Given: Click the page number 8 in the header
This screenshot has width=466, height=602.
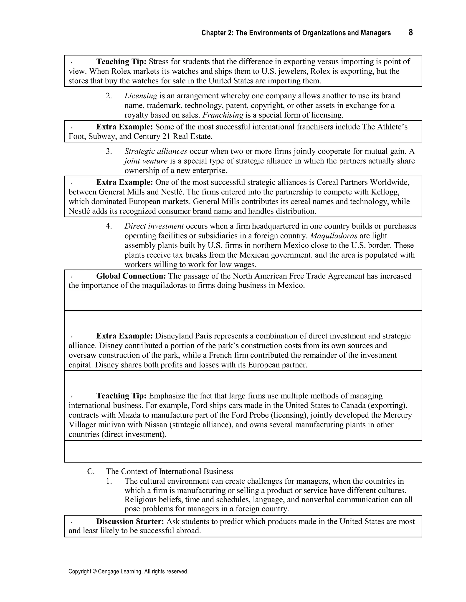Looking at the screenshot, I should click(x=410, y=32).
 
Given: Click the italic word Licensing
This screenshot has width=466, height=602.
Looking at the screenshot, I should click(x=141, y=96).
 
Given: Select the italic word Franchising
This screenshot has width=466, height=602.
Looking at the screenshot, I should click(x=223, y=115).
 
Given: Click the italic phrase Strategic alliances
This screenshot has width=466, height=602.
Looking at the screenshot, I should click(x=156, y=151).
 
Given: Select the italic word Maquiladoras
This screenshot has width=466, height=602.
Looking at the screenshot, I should click(x=334, y=236).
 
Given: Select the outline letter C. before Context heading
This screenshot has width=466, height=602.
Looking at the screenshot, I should click(x=91, y=471).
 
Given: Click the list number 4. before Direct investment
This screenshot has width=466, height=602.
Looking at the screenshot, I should click(x=109, y=226).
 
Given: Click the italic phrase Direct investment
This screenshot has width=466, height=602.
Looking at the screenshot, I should click(x=154, y=226).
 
